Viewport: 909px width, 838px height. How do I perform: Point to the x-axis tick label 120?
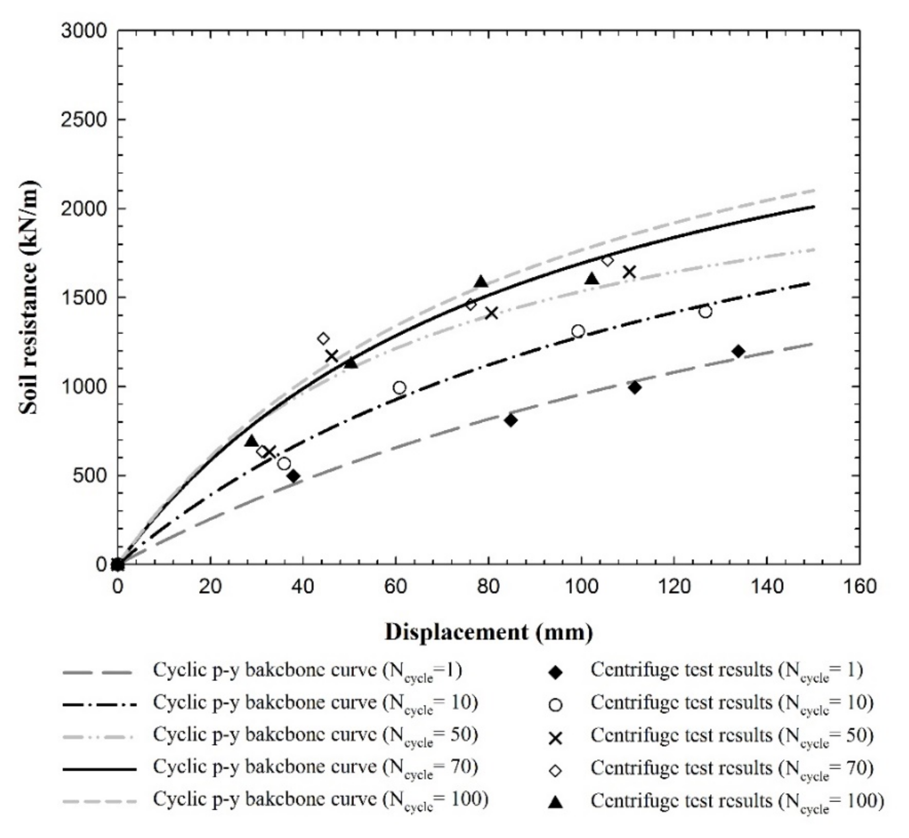point(674,587)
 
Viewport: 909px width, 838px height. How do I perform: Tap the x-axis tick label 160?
point(859,587)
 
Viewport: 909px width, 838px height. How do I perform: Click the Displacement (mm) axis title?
point(489,632)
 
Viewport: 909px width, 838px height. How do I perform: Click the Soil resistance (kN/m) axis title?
point(29,298)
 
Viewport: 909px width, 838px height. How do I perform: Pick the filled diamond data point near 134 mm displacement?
point(738,351)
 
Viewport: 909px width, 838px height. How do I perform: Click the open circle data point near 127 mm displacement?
point(705,312)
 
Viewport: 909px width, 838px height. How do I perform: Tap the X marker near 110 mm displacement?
point(629,272)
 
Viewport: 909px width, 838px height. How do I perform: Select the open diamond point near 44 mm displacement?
point(323,338)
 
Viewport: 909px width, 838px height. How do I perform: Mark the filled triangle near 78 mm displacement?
point(481,282)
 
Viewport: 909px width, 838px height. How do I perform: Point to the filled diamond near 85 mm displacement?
point(511,420)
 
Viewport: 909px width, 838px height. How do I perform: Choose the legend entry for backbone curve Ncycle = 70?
point(315,767)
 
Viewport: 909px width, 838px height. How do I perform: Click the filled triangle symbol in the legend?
point(555,803)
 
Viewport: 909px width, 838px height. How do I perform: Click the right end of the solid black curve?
point(813,207)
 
